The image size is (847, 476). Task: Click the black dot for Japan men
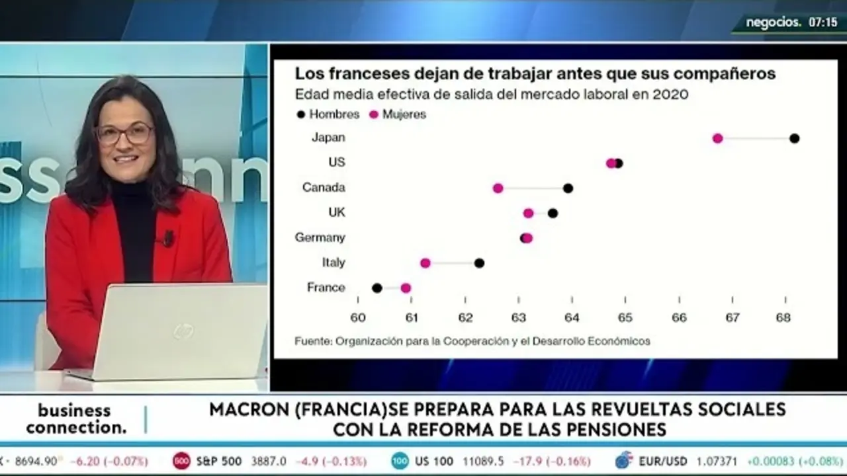(795, 138)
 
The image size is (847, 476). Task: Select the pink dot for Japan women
(717, 138)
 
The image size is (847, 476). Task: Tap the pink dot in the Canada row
(498, 188)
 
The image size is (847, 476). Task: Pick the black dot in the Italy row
(479, 263)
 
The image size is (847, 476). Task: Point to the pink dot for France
(406, 288)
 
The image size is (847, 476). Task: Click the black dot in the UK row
(553, 213)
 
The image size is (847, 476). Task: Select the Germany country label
(320, 237)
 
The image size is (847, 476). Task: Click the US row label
(336, 163)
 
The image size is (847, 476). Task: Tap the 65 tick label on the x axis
(625, 318)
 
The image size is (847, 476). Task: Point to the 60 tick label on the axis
(358, 318)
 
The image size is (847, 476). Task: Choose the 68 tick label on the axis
(783, 318)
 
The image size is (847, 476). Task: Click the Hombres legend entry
(328, 114)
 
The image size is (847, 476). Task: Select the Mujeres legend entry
(398, 114)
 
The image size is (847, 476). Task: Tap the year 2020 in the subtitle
(670, 95)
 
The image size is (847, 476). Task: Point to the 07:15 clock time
(823, 22)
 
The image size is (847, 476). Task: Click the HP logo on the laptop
(184, 331)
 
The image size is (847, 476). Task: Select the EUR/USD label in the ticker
(662, 461)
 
